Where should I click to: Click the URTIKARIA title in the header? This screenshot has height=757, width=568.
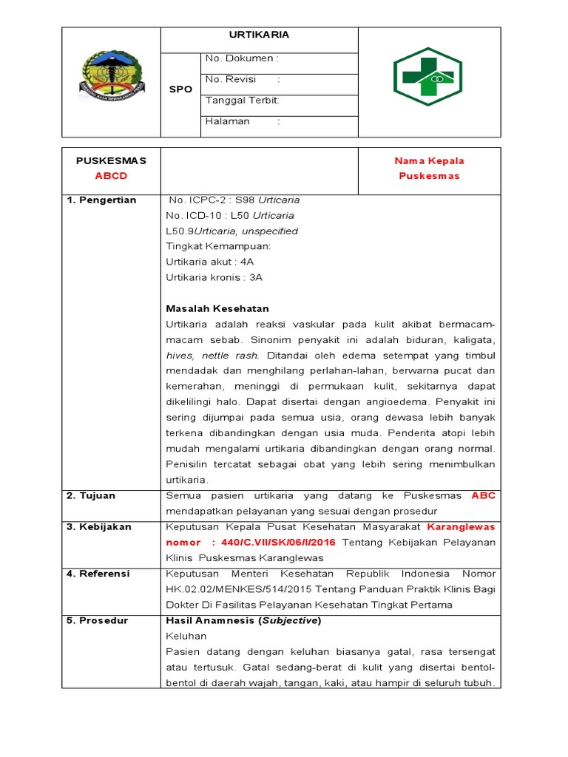259,35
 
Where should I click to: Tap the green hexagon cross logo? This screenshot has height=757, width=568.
430,76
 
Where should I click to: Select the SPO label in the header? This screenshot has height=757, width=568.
180,89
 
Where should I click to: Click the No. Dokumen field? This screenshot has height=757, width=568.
242,58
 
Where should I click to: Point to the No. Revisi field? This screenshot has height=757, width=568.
243,79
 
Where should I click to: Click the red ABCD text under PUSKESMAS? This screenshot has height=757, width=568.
111,176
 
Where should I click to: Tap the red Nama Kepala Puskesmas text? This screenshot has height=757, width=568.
430,169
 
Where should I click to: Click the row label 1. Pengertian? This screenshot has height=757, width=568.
102,200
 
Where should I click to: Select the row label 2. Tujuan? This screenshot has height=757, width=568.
92,495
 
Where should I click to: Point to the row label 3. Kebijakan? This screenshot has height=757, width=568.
99,527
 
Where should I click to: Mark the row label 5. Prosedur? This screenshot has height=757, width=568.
98,620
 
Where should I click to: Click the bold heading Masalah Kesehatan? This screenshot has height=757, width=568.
217,308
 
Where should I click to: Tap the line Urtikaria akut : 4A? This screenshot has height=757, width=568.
210,262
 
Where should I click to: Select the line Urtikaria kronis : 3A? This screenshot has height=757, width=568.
214,277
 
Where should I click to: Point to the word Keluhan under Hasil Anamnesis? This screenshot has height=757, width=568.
186,636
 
